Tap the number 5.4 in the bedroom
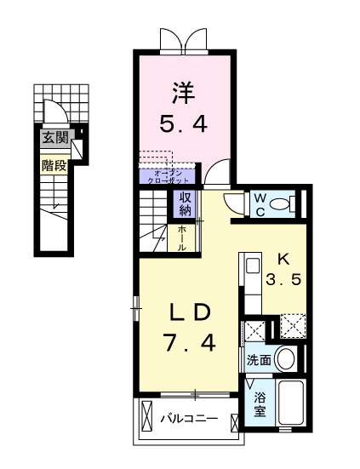pyautogui.click(x=183, y=124)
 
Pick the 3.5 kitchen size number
pyautogui.click(x=283, y=280)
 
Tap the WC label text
pyautogui.click(x=259, y=205)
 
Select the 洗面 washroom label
pyautogui.click(x=259, y=360)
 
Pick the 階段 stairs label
pyautogui.click(x=54, y=165)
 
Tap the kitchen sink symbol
pyautogui.click(x=253, y=266)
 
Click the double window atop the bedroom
pyautogui.click(x=182, y=40)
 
